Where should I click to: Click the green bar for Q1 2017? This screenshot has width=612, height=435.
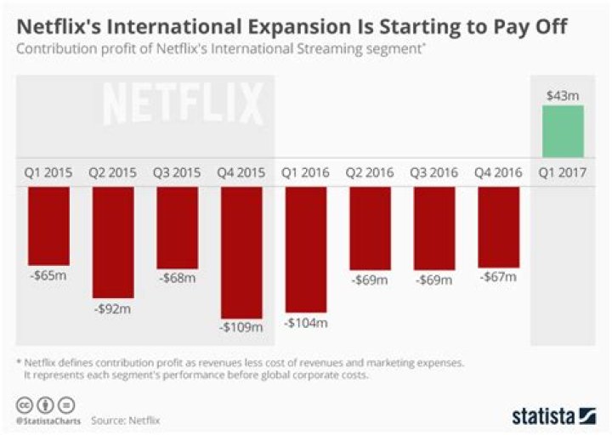point(558,132)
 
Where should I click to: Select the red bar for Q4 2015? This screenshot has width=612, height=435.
point(241,251)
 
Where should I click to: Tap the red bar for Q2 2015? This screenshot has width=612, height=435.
point(113,242)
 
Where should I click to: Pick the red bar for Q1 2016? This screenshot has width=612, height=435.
point(306,249)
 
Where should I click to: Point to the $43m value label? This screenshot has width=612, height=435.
point(558,95)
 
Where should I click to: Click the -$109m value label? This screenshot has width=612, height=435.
point(241,326)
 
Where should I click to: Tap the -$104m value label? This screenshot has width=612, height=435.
point(306,322)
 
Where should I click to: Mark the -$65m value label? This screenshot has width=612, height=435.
point(48,277)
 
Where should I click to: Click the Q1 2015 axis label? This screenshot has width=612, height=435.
point(48,172)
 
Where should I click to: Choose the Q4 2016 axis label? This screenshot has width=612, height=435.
point(499,172)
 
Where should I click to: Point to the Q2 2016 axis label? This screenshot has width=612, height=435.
point(370,172)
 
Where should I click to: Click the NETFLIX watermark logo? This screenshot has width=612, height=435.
point(184,105)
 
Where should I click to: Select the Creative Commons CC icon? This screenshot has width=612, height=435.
point(24,404)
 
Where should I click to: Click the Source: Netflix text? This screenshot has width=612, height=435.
point(126,421)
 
